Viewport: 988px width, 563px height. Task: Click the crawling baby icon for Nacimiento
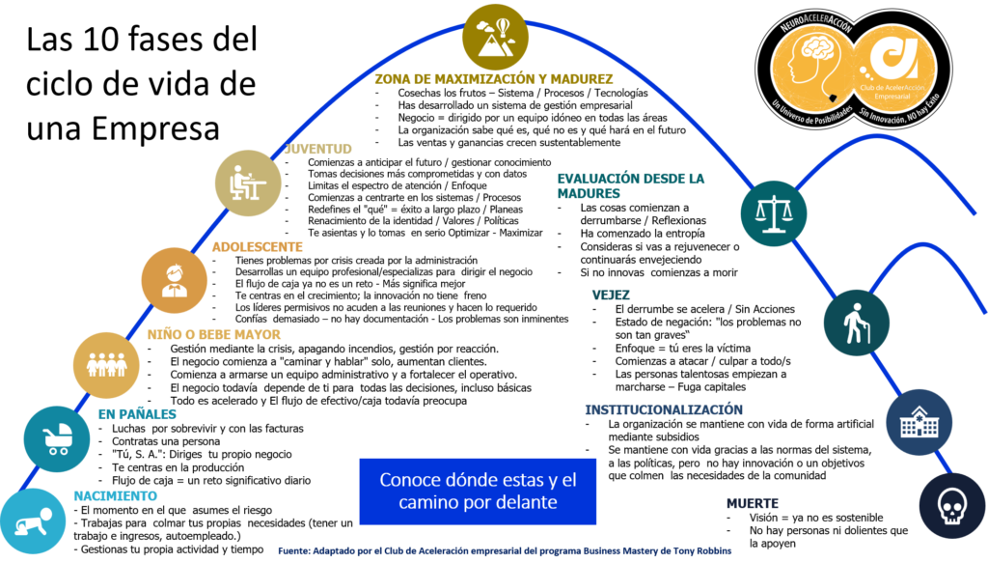(32, 522)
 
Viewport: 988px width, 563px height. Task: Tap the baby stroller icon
(57, 438)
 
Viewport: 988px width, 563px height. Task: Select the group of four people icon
(106, 365)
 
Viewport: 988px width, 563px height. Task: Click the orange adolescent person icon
(175, 280)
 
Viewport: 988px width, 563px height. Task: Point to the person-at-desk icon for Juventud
(248, 183)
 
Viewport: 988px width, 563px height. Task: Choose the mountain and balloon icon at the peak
(495, 37)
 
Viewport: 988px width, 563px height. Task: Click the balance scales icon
(774, 213)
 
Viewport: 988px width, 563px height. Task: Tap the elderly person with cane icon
(857, 323)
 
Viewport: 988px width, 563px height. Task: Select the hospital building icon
(919, 422)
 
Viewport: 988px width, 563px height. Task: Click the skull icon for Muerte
(952, 506)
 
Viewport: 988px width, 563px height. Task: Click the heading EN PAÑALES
(137, 414)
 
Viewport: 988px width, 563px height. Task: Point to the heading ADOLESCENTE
(257, 247)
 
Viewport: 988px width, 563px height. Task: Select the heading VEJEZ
(611, 296)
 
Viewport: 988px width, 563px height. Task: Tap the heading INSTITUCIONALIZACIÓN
(664, 409)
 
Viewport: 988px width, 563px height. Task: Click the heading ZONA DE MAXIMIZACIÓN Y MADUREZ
(494, 79)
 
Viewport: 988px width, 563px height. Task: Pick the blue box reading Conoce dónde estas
(478, 492)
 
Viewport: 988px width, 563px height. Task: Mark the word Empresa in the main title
(155, 128)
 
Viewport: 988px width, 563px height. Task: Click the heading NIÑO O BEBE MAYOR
(214, 335)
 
